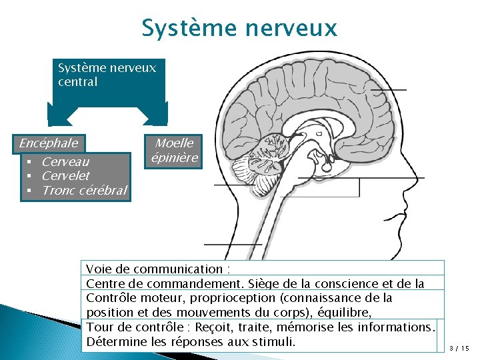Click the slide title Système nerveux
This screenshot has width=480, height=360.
click(x=239, y=28)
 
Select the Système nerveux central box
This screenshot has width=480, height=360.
click(x=107, y=75)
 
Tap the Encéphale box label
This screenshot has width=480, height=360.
click(x=49, y=143)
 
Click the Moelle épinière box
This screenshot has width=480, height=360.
click(x=174, y=150)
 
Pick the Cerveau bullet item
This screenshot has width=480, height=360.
click(x=65, y=161)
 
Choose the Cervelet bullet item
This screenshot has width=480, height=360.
click(x=65, y=176)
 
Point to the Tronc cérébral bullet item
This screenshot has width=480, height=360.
click(x=83, y=191)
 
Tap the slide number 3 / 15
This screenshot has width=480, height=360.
click(x=459, y=348)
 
